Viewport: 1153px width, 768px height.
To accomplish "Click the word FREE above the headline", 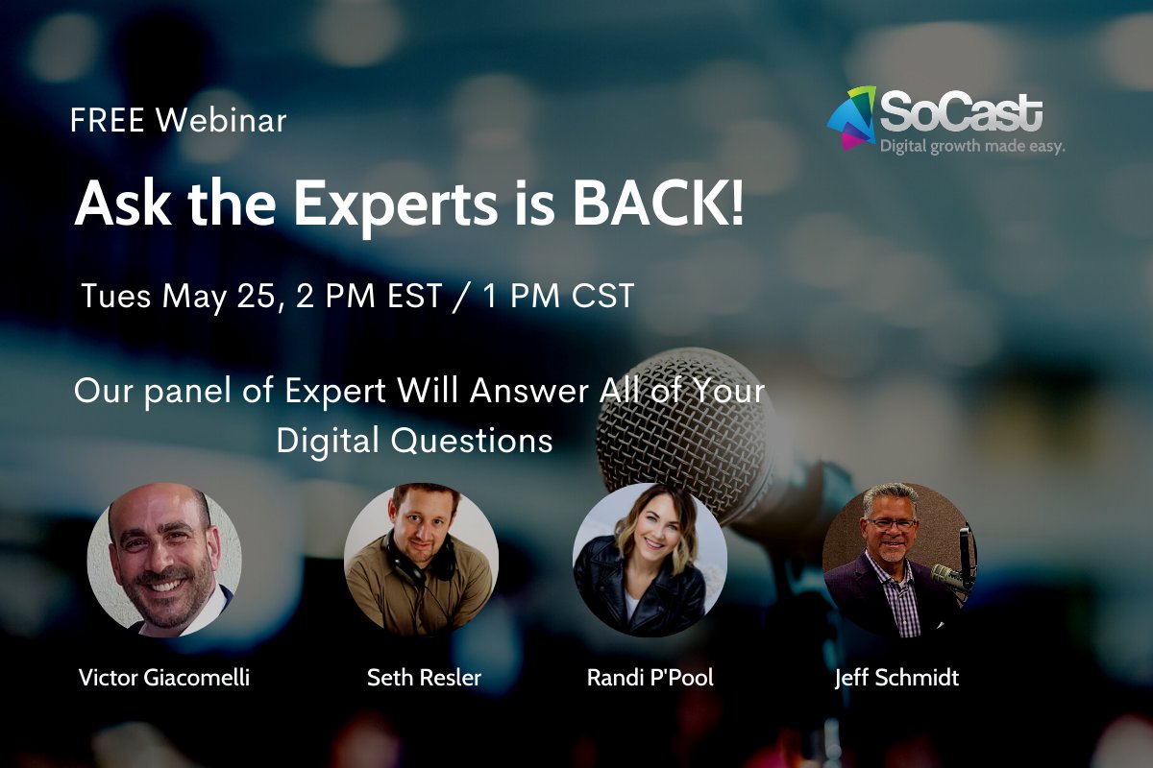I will (x=108, y=121).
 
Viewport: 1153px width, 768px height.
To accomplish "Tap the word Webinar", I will (x=221, y=121).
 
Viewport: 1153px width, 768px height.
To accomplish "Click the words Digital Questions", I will (x=414, y=440).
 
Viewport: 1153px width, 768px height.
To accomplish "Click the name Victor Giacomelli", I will (x=164, y=678).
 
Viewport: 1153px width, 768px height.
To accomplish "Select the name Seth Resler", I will (x=424, y=678).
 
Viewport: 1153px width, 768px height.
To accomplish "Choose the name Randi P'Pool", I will (x=650, y=678).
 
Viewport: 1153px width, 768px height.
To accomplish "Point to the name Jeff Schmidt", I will (x=896, y=678).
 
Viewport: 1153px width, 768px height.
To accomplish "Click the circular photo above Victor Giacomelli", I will (x=164, y=560).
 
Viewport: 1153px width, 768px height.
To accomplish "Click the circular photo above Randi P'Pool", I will (x=650, y=560).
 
